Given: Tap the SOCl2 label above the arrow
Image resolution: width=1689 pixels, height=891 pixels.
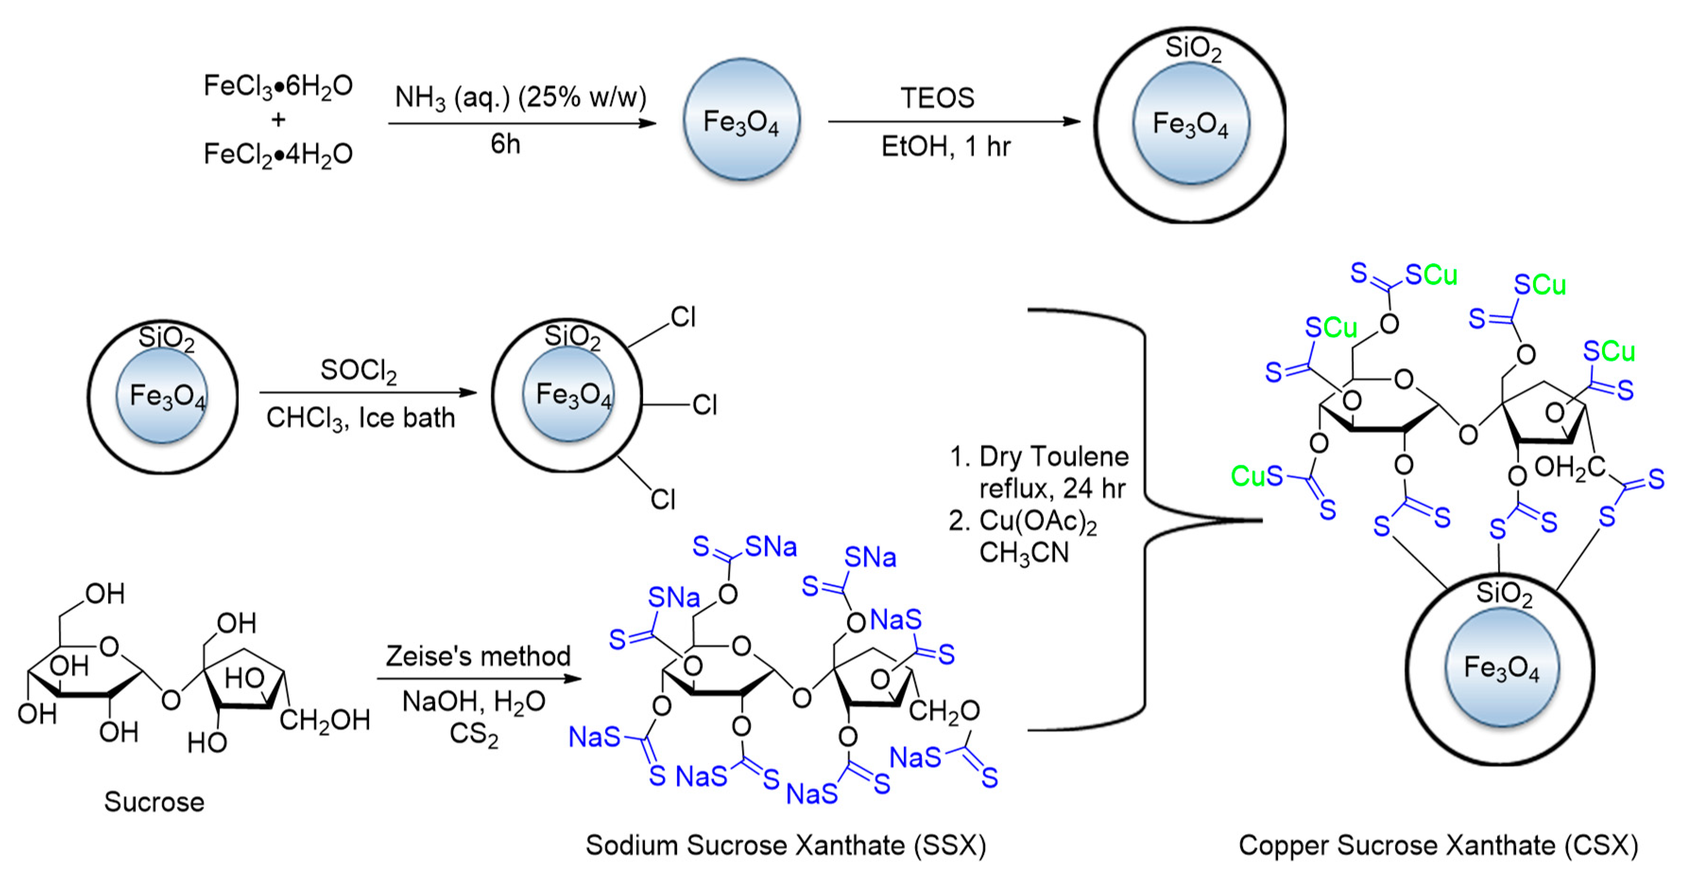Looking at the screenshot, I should pos(358,371).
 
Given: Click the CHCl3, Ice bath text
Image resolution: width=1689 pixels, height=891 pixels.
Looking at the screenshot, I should pos(360,418).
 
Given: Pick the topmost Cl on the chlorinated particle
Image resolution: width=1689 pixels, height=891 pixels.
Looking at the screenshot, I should pos(683,318).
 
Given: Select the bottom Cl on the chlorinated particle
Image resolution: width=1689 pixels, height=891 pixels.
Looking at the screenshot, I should pos(662,500).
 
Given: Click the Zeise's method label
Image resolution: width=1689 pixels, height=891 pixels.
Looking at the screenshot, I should pos(478,656).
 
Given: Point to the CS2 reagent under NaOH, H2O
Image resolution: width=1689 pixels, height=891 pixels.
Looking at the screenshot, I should pos(473,734).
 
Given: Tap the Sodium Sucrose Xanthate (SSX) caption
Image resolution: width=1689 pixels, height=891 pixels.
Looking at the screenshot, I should pos(786,845).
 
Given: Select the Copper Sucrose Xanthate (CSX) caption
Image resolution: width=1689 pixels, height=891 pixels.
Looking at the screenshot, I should pos(1438,845).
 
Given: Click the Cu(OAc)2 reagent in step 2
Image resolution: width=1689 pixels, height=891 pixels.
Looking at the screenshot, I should pos(1037,522).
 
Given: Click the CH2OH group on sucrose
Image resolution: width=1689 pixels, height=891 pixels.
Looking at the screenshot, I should pos(325,720).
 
